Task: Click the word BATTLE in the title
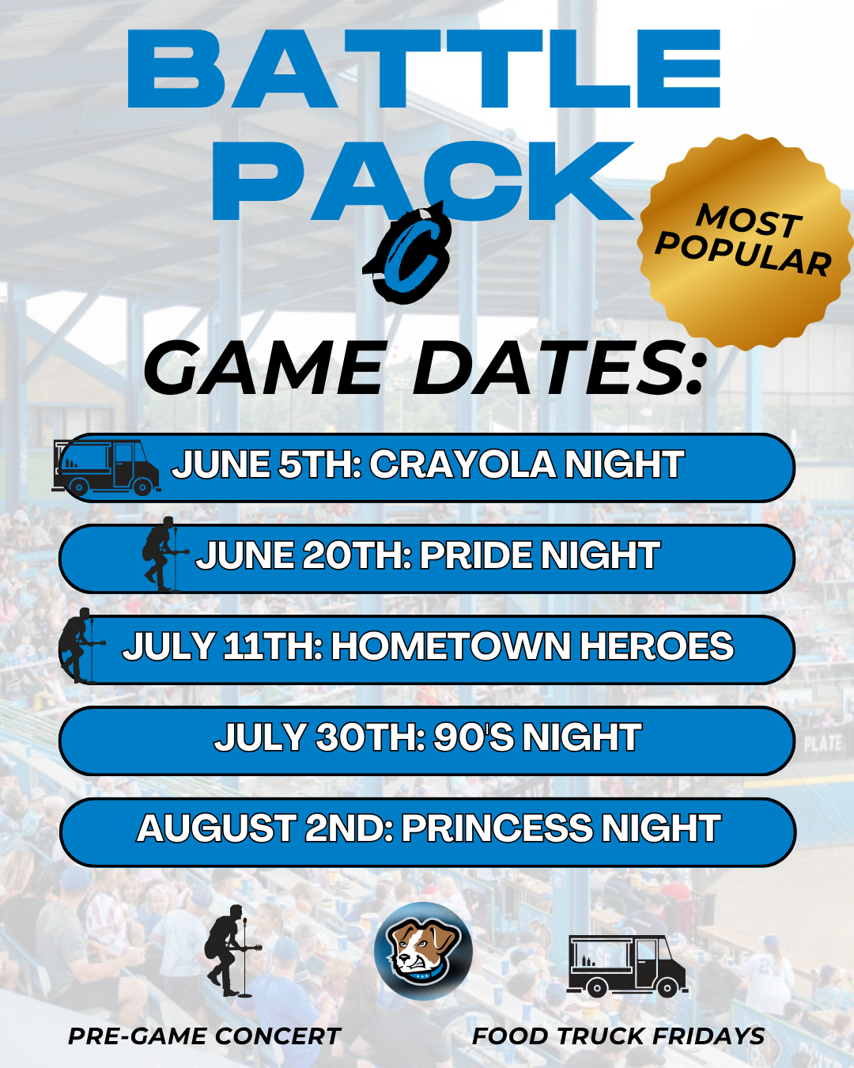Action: coord(425,69)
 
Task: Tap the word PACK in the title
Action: coord(423,180)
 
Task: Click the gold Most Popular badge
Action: coord(746,242)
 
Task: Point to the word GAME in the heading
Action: coord(263,368)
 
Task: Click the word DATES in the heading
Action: coord(557,368)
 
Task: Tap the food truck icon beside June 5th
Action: coord(106,468)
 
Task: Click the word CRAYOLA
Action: coord(463,465)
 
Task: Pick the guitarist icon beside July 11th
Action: coord(81,646)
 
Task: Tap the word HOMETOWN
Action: coord(451,646)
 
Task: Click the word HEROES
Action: coord(657,646)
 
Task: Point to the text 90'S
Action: coord(474,737)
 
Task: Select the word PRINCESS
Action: coord(497,828)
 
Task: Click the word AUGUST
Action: coord(216,828)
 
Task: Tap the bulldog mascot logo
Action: coord(423,951)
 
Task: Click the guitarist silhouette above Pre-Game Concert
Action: coord(232,951)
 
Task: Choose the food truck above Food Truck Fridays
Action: coord(627,966)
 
